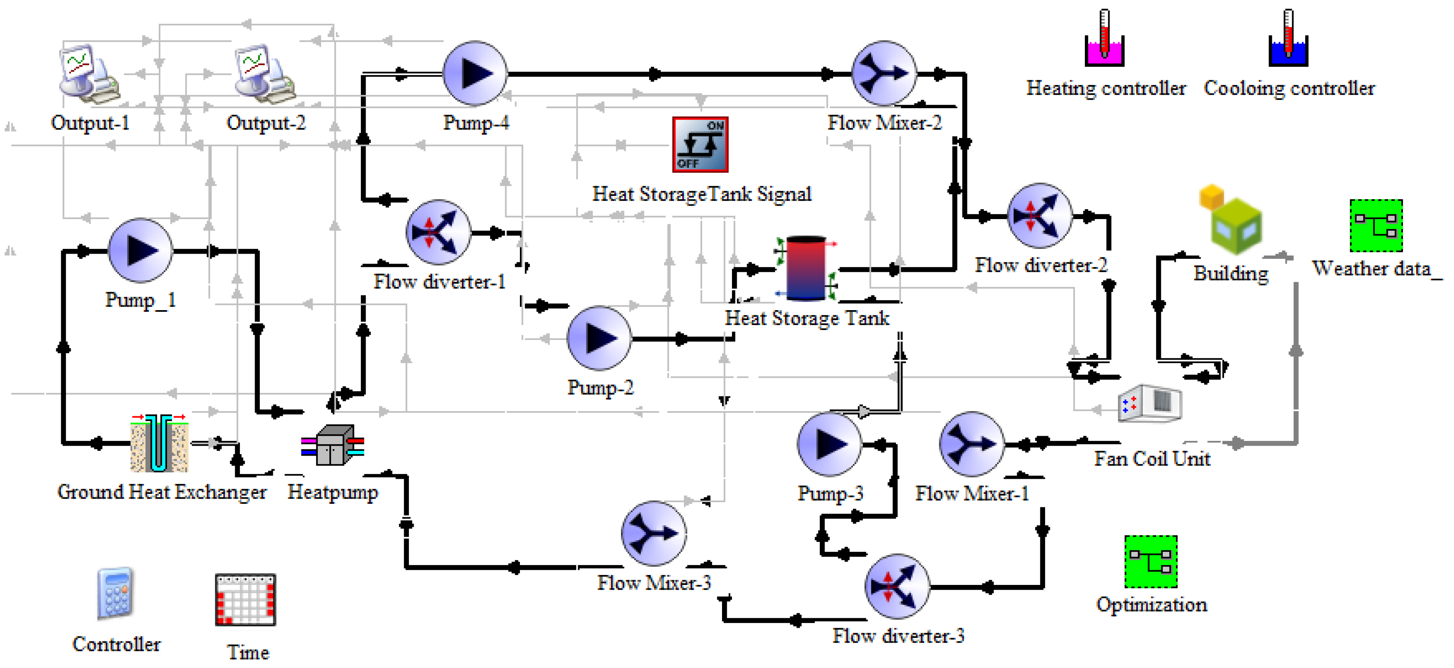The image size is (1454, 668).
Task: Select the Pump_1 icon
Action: pyautogui.click(x=140, y=250)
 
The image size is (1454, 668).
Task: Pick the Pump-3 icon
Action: pyautogui.click(x=829, y=444)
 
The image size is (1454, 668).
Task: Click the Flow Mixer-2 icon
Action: pyautogui.click(x=884, y=73)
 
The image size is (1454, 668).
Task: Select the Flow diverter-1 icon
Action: pyautogui.click(x=438, y=232)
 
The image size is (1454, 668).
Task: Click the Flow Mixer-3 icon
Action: pyautogui.click(x=653, y=533)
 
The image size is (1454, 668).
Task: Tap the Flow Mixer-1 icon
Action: pyautogui.click(x=971, y=444)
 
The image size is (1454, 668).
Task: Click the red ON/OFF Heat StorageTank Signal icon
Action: pyautogui.click(x=700, y=144)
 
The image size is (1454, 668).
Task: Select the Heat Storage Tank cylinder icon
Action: pyautogui.click(x=806, y=268)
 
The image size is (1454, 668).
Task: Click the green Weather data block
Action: pyautogui.click(x=1376, y=226)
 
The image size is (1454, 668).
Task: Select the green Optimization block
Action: pyautogui.click(x=1150, y=562)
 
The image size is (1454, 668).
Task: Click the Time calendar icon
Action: pyautogui.click(x=245, y=600)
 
